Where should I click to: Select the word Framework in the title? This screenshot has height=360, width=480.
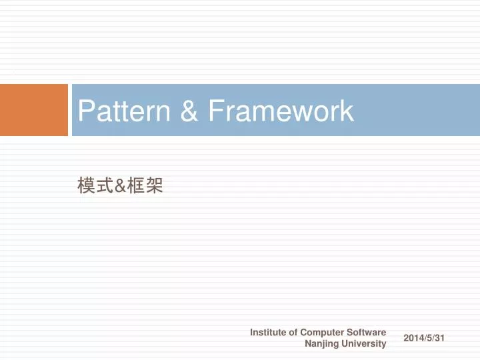280,111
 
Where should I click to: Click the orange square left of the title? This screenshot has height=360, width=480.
34,110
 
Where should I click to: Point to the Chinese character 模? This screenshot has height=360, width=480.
85,187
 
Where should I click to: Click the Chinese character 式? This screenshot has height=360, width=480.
104,187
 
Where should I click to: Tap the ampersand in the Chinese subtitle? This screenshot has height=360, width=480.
120,187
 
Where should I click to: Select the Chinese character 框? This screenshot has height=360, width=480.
137,187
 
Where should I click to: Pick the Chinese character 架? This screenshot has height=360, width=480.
155,187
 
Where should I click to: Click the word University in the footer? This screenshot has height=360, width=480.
365,344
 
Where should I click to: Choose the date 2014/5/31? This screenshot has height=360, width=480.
424,339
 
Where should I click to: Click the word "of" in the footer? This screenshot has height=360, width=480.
294,332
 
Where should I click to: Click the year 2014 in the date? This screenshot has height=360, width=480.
414,339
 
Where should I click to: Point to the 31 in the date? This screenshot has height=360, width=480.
439,339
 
